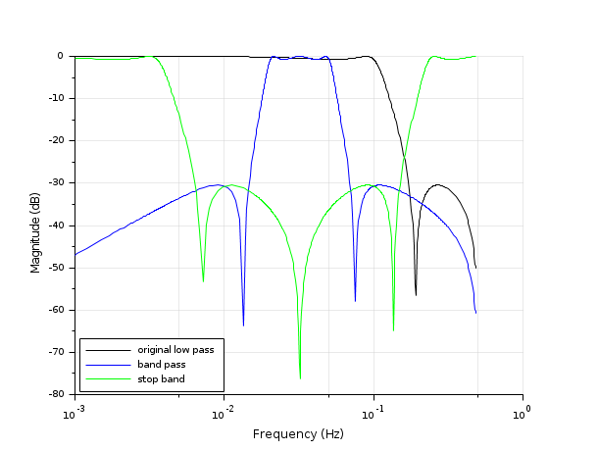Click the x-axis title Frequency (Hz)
click(298, 433)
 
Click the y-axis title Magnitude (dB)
click(35, 225)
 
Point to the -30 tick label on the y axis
click(56, 183)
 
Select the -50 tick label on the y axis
click(56, 268)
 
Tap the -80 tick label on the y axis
click(56, 394)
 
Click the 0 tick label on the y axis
click(61, 56)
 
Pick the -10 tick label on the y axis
click(56, 99)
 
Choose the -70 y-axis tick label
click(56, 352)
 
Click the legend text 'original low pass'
click(175, 349)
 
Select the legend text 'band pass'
click(162, 364)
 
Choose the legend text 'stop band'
click(161, 378)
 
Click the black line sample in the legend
click(108, 349)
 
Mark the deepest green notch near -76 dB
click(300, 378)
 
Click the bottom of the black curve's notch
click(416, 294)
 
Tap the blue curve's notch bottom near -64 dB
click(243, 325)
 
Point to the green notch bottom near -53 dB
click(203, 280)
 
